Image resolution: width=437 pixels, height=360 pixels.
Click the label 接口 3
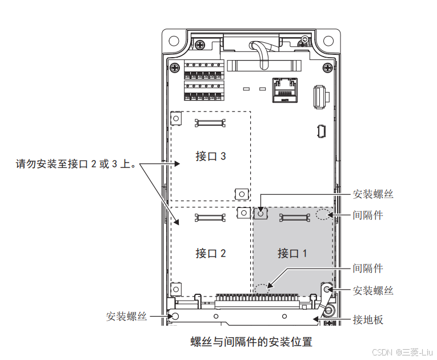211,156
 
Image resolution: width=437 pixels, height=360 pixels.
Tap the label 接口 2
211,253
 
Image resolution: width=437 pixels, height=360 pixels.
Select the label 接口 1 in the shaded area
292,253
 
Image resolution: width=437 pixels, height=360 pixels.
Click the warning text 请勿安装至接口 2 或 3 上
76,165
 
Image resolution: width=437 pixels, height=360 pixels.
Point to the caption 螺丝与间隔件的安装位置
251,342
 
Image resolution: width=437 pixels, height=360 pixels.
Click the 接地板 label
368,319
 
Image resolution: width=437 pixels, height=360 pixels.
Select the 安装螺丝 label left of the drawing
126,316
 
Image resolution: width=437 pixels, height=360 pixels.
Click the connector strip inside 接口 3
211,121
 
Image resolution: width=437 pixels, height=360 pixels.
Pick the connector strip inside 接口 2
211,217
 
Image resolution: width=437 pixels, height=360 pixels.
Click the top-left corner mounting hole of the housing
172,41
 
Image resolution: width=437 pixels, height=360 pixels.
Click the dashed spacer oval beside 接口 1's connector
323,215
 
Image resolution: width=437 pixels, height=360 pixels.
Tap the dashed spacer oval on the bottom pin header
262,289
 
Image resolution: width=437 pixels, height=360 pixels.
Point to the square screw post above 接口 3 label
177,118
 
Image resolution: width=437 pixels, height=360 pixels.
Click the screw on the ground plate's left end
176,316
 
